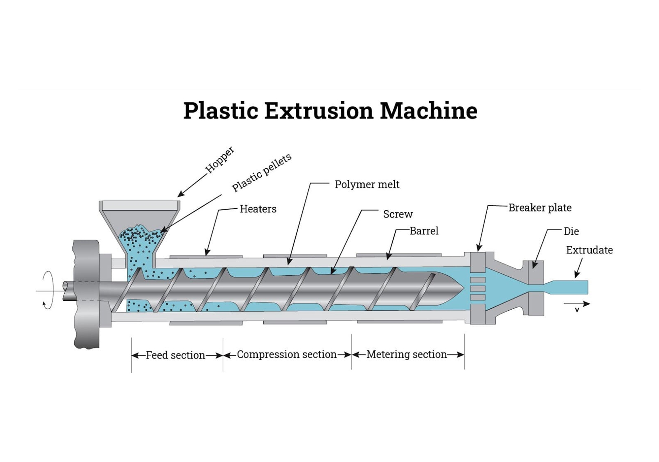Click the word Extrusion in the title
(319, 111)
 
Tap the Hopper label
(220, 159)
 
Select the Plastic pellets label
(262, 172)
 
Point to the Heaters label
(258, 209)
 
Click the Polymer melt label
(367, 184)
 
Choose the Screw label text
(398, 214)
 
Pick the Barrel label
(424, 231)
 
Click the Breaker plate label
(540, 208)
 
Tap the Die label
(571, 231)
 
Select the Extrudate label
(589, 250)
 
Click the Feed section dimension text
(175, 355)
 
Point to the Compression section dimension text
(287, 354)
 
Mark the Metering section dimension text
(406, 354)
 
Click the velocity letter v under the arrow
(577, 310)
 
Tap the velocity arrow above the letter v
(577, 304)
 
